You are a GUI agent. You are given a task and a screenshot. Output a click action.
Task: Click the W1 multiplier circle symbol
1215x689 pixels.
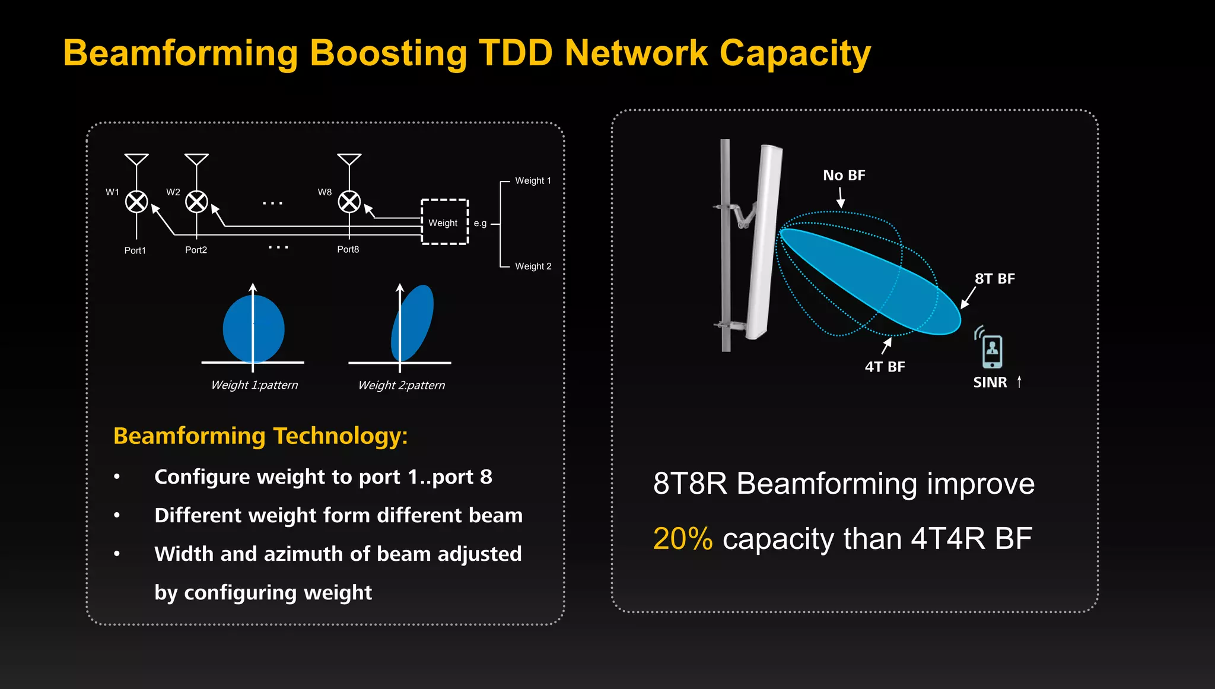pyautogui.click(x=136, y=202)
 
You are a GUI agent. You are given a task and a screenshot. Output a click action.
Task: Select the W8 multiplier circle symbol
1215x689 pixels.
pyautogui.click(x=349, y=202)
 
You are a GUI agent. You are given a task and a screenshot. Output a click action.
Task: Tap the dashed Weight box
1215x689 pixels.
pyautogui.click(x=444, y=222)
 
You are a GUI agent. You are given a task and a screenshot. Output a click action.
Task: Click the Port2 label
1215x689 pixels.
pyautogui.click(x=196, y=250)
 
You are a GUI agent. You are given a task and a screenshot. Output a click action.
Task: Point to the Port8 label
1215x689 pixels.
pyautogui.click(x=348, y=249)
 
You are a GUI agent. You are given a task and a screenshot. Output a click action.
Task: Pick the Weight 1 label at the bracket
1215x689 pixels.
pyautogui.click(x=533, y=180)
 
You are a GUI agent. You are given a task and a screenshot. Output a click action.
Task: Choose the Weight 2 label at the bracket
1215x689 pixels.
pyautogui.click(x=533, y=266)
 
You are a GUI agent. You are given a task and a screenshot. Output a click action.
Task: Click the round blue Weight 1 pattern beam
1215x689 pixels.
pyautogui.click(x=253, y=329)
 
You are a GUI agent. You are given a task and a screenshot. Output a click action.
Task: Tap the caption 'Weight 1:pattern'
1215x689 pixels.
pyautogui.click(x=255, y=385)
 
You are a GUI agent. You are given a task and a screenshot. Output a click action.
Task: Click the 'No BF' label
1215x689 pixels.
pyautogui.click(x=844, y=175)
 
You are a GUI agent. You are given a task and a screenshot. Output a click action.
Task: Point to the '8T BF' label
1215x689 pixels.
pyautogui.click(x=995, y=278)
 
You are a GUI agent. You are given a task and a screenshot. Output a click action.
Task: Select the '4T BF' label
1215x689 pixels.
pyautogui.click(x=885, y=367)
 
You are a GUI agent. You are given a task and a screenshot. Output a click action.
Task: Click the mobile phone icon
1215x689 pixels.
pyautogui.click(x=992, y=351)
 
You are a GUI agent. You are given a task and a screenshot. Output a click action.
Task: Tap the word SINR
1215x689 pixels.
pyautogui.click(x=990, y=382)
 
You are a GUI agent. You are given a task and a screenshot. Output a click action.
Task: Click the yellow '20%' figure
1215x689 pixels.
pyautogui.click(x=682, y=539)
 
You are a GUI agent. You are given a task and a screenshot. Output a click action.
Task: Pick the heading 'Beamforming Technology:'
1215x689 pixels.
pyautogui.click(x=260, y=436)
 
